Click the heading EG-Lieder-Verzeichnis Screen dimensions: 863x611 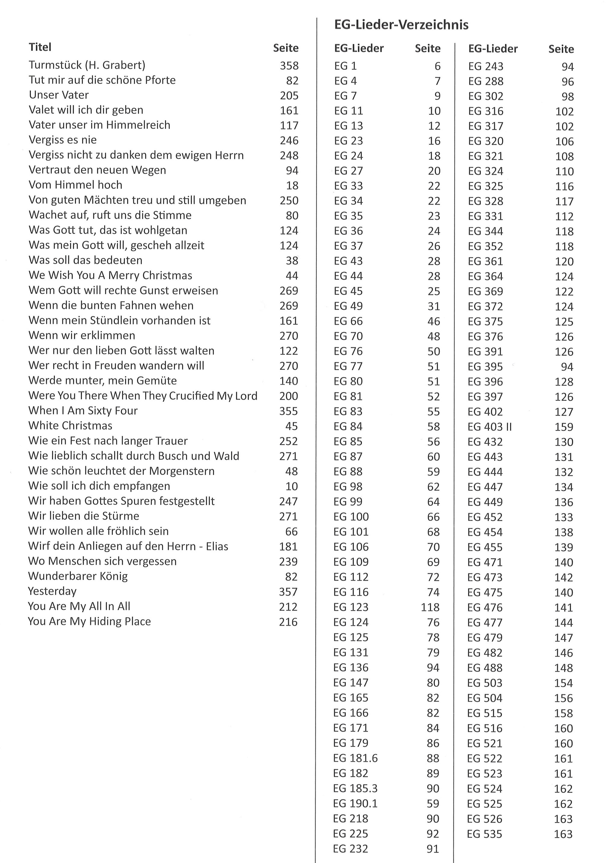click(401, 25)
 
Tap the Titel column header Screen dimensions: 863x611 click(40, 47)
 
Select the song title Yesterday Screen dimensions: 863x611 click(52, 591)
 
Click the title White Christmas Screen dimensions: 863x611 click(70, 425)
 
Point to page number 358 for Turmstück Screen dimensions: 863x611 click(289, 66)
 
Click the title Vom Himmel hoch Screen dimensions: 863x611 click(75, 185)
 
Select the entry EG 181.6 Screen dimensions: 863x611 click(355, 758)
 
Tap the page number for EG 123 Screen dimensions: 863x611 click(430, 607)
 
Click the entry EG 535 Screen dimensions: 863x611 click(485, 834)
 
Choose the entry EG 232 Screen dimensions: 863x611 click(350, 849)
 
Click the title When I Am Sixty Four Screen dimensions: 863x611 click(83, 410)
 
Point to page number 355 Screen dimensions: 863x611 click(288, 411)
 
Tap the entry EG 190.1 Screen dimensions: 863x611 click(355, 803)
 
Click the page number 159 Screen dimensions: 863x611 click(564, 427)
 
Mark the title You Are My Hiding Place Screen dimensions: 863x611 click(89, 621)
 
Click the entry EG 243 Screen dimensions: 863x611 click(485, 66)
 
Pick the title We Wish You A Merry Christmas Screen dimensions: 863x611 click(110, 275)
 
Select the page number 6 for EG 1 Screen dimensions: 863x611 click(437, 66)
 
